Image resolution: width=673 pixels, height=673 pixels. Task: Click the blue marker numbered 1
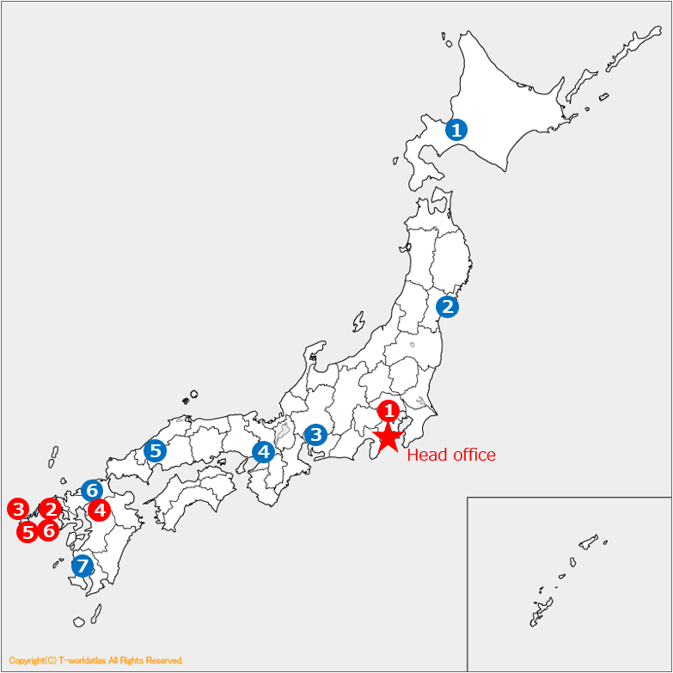[457, 130]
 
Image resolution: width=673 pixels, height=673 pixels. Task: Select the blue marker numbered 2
[447, 306]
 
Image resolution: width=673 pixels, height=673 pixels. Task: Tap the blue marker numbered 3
[316, 435]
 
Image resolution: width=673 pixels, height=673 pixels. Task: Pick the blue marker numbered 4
[263, 451]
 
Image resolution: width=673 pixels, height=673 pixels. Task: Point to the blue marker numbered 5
[155, 450]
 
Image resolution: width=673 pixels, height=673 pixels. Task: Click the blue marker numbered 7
[83, 566]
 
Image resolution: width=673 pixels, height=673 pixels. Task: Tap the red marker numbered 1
[389, 410]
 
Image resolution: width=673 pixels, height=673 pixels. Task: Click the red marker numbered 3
[18, 509]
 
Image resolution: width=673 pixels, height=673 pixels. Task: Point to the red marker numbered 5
[28, 532]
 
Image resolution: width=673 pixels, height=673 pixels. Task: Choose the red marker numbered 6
[49, 531]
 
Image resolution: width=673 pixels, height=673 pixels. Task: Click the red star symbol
[389, 437]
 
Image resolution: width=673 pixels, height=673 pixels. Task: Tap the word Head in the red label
[425, 456]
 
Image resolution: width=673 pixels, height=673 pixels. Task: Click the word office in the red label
[472, 456]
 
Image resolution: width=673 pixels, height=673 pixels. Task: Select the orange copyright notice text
[95, 660]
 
